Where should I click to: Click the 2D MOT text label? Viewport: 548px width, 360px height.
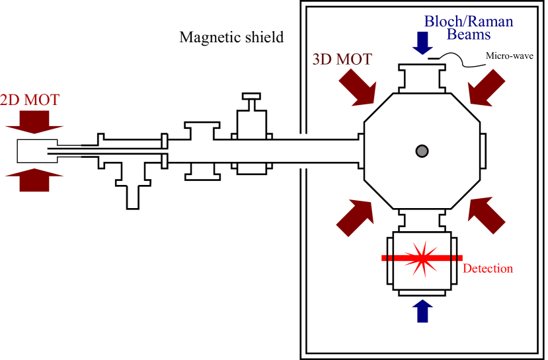(x=30, y=100)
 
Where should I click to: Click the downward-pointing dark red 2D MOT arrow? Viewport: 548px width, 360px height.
(x=34, y=122)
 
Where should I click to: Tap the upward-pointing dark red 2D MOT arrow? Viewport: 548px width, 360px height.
(x=34, y=180)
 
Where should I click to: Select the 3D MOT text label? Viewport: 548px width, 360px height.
(x=342, y=59)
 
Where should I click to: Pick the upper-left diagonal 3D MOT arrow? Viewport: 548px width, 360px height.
(x=358, y=88)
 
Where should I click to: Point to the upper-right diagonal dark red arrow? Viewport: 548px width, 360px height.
(x=486, y=87)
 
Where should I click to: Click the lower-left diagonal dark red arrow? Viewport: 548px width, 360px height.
(x=356, y=217)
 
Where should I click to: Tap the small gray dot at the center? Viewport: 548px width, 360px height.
(x=422, y=151)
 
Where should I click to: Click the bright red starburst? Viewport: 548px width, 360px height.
(x=421, y=258)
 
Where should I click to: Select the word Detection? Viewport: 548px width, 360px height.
(x=488, y=269)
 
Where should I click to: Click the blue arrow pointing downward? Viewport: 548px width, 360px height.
(x=422, y=43)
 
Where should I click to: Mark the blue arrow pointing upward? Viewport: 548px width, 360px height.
(x=422, y=311)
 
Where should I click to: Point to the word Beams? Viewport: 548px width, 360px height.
(x=468, y=34)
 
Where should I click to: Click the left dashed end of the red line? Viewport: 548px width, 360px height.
(x=387, y=258)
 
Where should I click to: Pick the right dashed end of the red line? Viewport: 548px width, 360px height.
(x=456, y=258)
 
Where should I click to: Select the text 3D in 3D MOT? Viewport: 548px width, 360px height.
(x=323, y=59)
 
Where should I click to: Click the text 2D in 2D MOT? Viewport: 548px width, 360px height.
(x=9, y=100)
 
